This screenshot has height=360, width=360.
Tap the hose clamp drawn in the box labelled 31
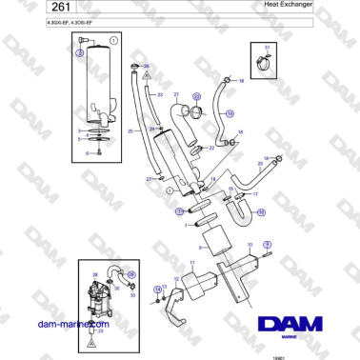pyautogui.click(x=267, y=64)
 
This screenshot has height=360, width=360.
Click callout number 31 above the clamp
pyautogui.click(x=267, y=47)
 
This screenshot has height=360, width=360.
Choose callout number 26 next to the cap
pyautogui.click(x=146, y=66)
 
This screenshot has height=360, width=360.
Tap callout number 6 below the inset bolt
pyautogui.click(x=87, y=151)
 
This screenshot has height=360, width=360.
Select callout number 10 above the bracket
pyautogui.click(x=250, y=245)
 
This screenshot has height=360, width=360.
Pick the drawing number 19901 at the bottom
pyautogui.click(x=304, y=354)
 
